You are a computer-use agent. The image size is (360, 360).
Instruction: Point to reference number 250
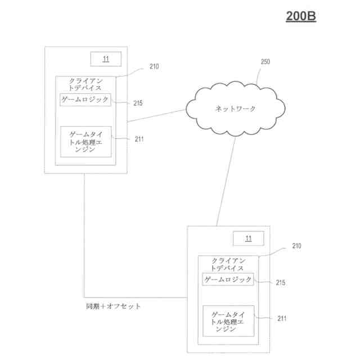(x=264, y=62)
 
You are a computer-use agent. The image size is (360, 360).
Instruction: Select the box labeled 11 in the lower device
(x=247, y=238)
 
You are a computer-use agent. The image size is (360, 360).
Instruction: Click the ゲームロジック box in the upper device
(x=85, y=99)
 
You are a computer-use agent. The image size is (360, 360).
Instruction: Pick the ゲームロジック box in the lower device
(x=228, y=279)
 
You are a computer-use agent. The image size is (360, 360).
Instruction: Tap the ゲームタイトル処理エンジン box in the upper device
(x=85, y=141)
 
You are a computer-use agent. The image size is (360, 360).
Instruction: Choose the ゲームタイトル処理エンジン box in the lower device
(x=228, y=321)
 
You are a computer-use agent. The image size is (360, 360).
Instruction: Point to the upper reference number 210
(x=154, y=66)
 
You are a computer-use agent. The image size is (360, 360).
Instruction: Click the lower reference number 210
(x=296, y=246)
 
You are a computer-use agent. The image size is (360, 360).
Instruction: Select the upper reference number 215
(x=138, y=103)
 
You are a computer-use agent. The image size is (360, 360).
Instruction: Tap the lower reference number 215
(x=281, y=283)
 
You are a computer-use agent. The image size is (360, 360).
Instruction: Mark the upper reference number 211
(x=139, y=138)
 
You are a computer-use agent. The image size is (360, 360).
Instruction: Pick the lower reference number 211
(x=281, y=318)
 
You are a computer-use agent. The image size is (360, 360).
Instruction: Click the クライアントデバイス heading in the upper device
(x=85, y=84)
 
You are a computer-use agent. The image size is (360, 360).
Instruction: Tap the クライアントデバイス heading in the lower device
(x=228, y=264)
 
